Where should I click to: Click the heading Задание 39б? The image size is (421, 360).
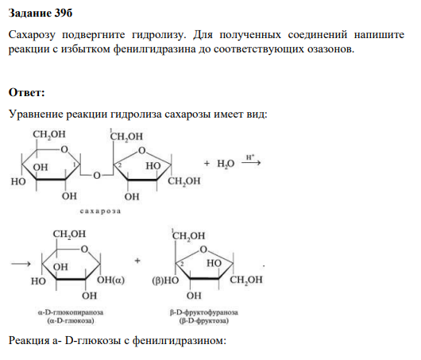tap(41, 14)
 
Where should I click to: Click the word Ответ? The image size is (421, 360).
tap(26, 92)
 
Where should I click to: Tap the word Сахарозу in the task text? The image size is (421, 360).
tap(32, 35)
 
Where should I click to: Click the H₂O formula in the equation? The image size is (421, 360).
tap(226, 164)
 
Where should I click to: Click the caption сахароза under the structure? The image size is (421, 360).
tap(100, 211)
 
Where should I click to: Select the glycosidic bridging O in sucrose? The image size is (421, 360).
tap(97, 176)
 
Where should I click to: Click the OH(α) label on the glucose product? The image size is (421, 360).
tap(110, 280)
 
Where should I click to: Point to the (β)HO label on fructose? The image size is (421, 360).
tap(165, 281)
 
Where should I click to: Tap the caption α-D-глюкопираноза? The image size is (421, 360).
tap(71, 312)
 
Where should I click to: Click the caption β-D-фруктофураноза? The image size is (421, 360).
tap(204, 312)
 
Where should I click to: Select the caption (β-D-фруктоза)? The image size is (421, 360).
tap(204, 321)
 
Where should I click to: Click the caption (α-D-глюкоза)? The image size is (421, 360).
tap(71, 321)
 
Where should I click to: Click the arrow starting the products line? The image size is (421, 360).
tap(21, 264)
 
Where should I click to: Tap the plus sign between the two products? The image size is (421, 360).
tap(137, 261)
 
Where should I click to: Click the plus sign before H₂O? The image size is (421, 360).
tap(207, 163)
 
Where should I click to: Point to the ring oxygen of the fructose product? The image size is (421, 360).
tap(203, 250)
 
